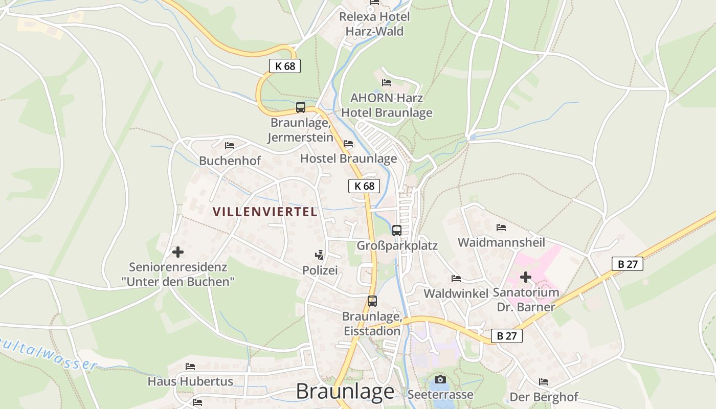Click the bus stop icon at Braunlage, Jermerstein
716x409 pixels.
point(301,107)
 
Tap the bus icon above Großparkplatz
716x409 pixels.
point(397,230)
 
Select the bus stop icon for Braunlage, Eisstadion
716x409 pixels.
point(372,301)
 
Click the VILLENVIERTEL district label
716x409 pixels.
point(265,212)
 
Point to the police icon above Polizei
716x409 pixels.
point(320,254)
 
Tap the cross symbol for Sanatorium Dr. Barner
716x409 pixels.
point(525,277)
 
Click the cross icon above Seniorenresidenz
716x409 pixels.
point(178,252)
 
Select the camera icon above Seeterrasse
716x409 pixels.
point(440,379)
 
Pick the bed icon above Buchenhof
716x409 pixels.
point(230,146)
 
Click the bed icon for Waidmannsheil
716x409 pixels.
point(501,227)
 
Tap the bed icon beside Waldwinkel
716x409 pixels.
point(456,279)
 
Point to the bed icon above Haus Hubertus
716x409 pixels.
point(190,367)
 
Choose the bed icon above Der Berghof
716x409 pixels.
point(544,382)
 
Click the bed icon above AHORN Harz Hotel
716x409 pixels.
point(387,82)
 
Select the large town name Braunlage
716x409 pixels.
point(345,392)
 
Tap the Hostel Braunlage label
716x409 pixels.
point(348,158)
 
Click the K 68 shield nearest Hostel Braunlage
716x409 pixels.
point(364,186)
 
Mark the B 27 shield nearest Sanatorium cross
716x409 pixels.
point(627,264)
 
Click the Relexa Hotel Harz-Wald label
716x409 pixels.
point(375,24)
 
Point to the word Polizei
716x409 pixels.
point(320,270)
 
